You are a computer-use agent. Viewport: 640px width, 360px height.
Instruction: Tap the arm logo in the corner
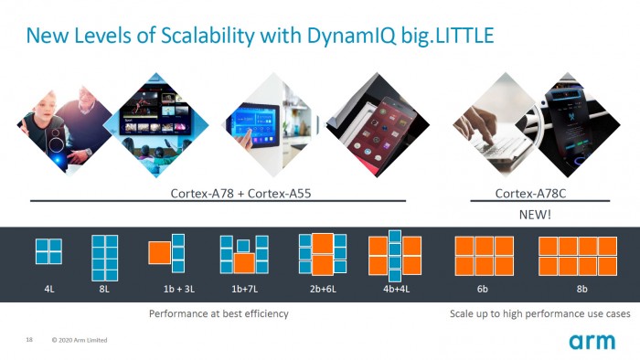[x=592, y=342]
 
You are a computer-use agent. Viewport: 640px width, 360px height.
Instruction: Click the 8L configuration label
[x=104, y=289]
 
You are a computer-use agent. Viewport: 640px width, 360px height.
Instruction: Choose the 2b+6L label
[x=321, y=289]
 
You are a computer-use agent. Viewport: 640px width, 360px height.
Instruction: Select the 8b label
[x=581, y=289]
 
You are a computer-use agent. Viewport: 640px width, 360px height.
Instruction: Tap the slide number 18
[x=29, y=341]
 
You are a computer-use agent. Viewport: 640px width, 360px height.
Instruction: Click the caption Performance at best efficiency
[x=219, y=314]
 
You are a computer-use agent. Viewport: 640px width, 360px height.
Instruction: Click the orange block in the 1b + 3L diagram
[x=160, y=252]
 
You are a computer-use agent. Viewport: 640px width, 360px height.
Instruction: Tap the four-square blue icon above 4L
[x=48, y=252]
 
